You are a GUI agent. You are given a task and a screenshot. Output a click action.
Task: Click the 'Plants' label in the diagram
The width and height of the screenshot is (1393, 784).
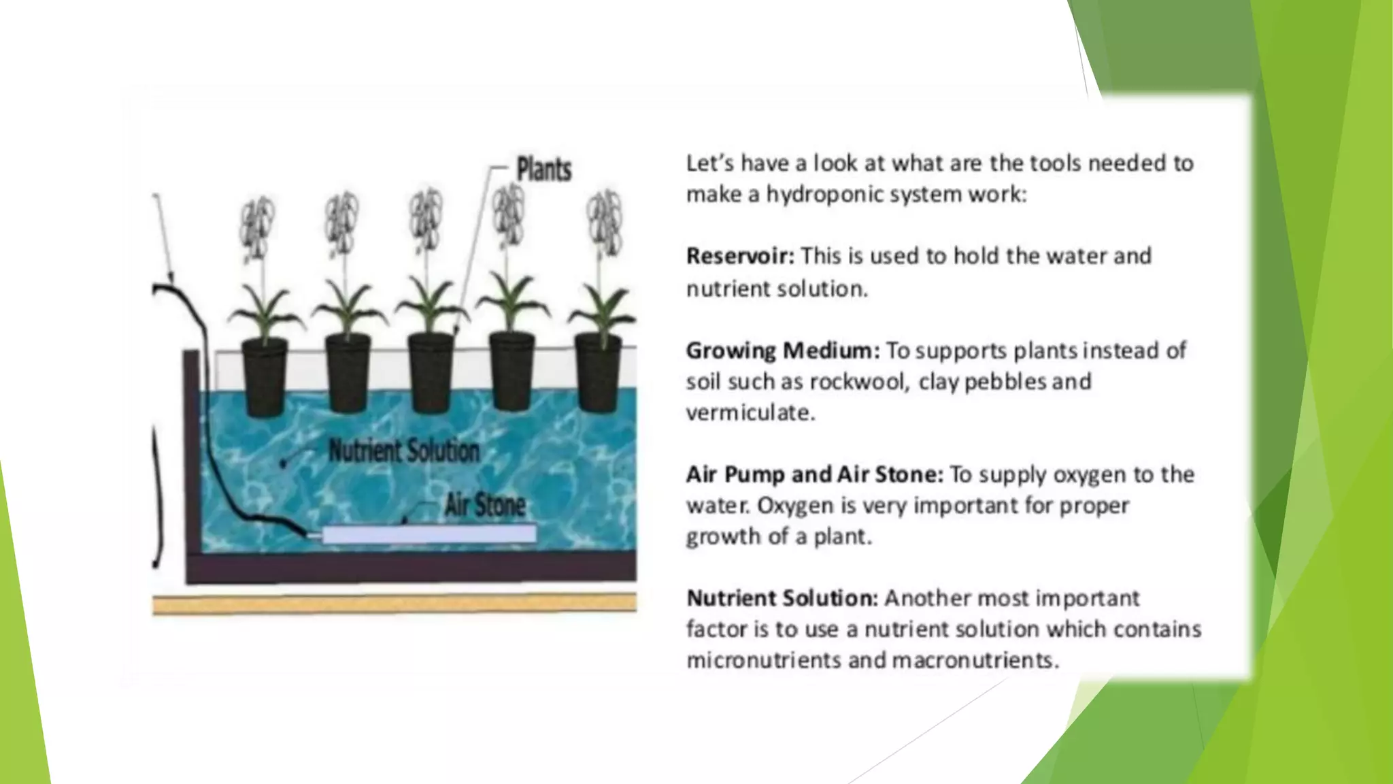click(x=543, y=169)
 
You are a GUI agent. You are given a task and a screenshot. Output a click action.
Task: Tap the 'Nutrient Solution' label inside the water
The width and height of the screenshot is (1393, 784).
click(x=404, y=451)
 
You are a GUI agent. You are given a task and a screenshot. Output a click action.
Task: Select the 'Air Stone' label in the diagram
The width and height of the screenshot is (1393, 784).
click(x=485, y=505)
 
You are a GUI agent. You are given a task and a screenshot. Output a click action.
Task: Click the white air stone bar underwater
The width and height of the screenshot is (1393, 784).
click(x=429, y=534)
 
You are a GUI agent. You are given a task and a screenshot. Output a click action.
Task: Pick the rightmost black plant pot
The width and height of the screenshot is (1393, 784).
click(x=598, y=373)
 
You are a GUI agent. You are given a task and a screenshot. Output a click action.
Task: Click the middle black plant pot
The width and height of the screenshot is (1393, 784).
click(x=431, y=373)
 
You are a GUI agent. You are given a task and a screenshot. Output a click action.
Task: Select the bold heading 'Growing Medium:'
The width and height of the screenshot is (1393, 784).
click(x=782, y=350)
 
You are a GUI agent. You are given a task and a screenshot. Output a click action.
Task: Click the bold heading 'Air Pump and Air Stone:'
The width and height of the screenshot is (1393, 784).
click(x=814, y=474)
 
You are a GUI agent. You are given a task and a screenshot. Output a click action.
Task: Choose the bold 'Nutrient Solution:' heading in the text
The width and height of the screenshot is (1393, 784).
click(x=782, y=598)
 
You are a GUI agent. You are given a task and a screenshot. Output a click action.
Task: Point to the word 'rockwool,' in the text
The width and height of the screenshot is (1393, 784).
click(x=859, y=382)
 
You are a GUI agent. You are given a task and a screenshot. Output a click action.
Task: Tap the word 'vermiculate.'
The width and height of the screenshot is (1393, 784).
click(x=750, y=413)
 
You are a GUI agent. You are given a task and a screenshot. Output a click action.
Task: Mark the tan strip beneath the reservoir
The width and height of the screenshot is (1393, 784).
click(x=395, y=603)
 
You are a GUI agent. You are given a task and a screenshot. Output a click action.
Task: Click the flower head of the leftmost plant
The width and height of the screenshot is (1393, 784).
click(x=256, y=225)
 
